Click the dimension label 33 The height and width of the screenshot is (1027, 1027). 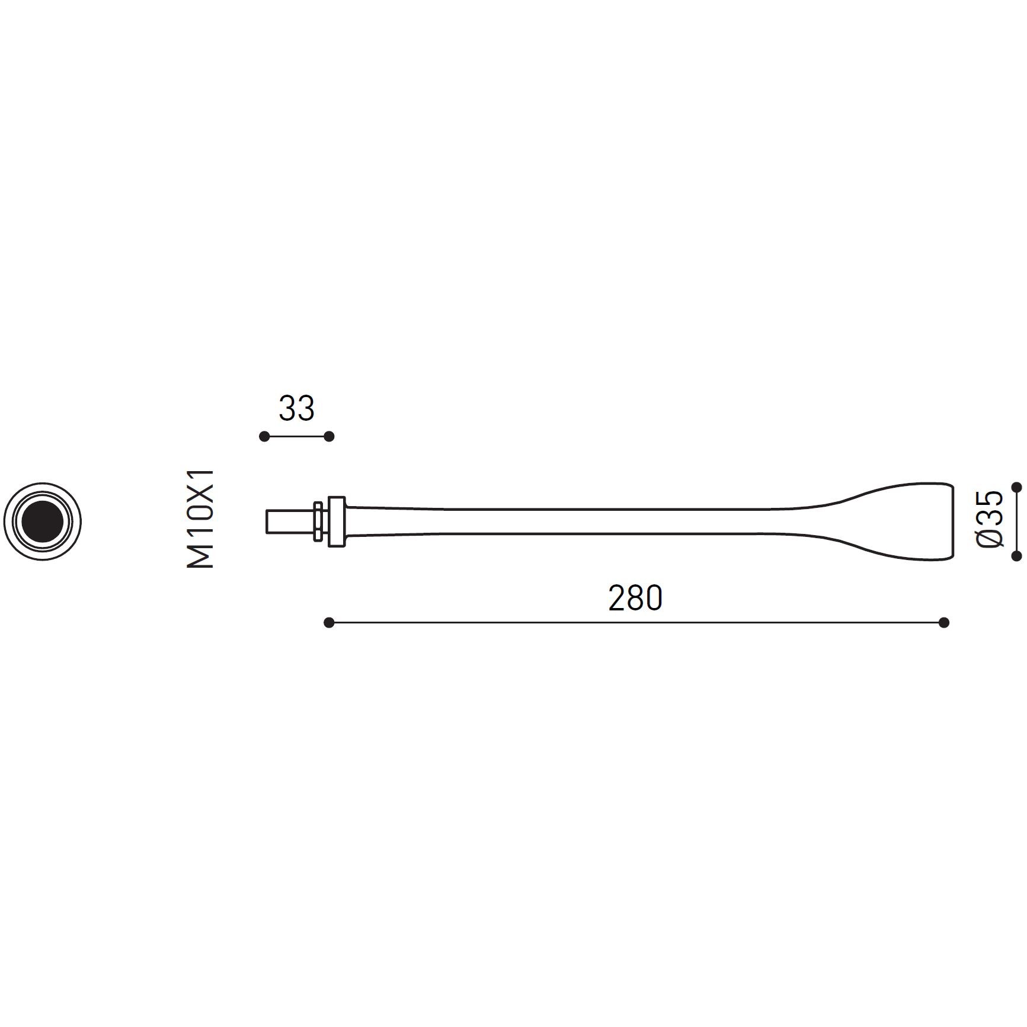point(296,408)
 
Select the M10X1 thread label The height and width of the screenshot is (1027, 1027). point(200,519)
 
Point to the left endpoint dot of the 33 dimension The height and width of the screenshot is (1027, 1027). point(264,437)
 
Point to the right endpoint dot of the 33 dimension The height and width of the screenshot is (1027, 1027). point(329,437)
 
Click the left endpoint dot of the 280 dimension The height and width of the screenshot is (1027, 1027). point(329,622)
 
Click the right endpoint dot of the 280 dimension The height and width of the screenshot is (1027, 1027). point(944,622)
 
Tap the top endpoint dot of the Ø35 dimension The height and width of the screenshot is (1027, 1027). point(1017,487)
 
